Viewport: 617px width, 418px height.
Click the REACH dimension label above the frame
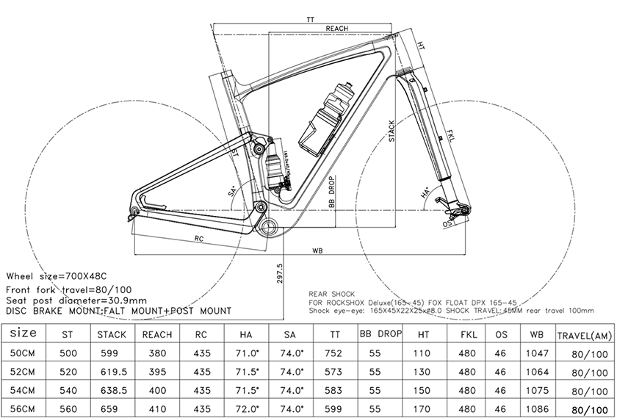336,28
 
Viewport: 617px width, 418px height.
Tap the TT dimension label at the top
311,18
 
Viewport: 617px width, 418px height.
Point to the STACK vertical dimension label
392,130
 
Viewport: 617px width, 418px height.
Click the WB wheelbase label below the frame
317,250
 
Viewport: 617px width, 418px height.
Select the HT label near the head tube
420,45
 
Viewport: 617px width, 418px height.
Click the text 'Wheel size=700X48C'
58,276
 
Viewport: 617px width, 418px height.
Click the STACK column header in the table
112,334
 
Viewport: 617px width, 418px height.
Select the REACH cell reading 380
157,353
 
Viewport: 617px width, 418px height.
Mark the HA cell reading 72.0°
246,408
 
